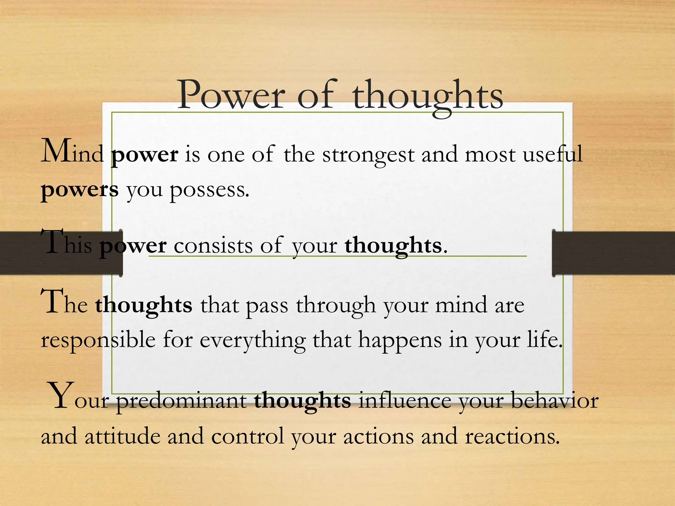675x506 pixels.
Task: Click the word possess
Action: tap(209, 191)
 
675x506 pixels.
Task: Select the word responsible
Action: tap(98, 341)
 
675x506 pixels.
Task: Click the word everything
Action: tap(252, 341)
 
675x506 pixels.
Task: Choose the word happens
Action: tap(400, 341)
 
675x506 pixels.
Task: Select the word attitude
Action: tap(122, 436)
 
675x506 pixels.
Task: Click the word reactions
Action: tap(512, 437)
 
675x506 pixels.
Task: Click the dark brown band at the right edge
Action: tap(613, 253)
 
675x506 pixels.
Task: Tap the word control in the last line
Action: tap(248, 436)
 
